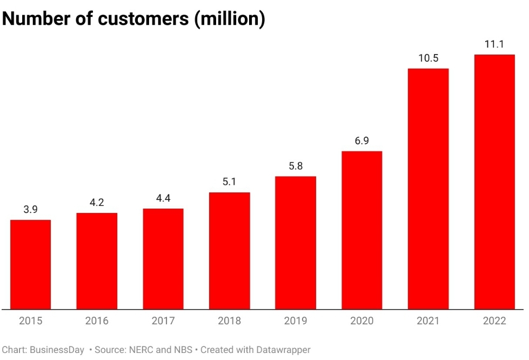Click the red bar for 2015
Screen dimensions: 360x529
31,264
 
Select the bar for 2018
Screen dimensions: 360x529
229,251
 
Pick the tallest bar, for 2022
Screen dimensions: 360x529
494,182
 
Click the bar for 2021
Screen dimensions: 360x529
428,189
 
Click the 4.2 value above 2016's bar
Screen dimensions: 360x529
97,203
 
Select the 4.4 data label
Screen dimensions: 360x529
163,198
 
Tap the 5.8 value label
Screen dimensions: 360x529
296,166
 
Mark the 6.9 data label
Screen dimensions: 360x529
361,141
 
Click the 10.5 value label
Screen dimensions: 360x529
428,58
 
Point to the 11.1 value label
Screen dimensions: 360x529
494,44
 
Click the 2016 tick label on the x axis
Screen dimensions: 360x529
97,321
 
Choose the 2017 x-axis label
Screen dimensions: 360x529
163,321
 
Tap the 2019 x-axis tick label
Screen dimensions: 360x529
296,321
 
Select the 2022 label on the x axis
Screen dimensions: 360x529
494,321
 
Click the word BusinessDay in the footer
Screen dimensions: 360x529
57,350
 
